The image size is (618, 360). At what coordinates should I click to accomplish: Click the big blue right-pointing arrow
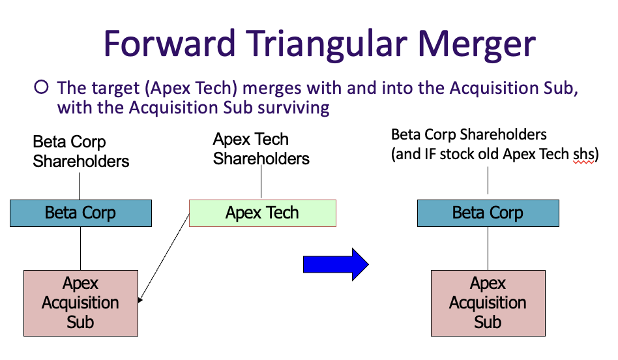(336, 264)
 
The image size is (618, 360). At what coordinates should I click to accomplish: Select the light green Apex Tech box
(262, 213)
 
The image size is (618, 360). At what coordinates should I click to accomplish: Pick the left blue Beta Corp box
(80, 213)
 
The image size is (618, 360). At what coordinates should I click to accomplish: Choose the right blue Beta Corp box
(488, 213)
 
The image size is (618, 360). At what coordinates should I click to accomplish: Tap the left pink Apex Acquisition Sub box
(80, 303)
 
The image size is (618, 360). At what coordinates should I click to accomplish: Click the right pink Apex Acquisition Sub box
(488, 303)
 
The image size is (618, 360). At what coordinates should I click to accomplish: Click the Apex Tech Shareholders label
(261, 149)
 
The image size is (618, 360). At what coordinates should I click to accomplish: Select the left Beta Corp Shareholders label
(81, 151)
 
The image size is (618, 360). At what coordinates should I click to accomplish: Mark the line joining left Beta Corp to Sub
(80, 248)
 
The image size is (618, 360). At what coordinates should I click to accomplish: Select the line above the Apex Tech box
(261, 183)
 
